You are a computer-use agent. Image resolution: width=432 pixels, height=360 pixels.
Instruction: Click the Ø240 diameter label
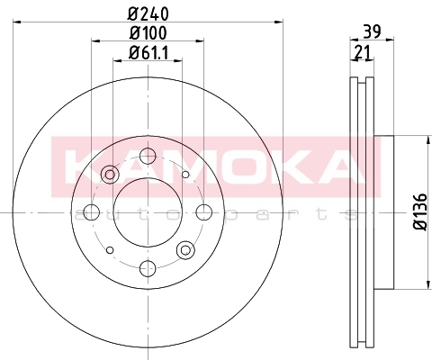point(148,13)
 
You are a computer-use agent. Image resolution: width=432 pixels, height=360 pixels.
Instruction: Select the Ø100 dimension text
point(148,33)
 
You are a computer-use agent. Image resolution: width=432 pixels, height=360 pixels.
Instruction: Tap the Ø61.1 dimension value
point(148,53)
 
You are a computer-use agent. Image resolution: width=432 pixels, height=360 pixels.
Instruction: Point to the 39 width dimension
point(372,31)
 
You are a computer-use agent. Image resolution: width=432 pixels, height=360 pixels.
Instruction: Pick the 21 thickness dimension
point(363,52)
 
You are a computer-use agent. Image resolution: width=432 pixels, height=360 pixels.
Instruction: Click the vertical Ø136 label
point(420,211)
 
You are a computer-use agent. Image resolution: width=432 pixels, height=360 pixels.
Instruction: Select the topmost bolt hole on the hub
point(148,156)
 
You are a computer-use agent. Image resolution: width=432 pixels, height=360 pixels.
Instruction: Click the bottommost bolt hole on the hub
point(148,268)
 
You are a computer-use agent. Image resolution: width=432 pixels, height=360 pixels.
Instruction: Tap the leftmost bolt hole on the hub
point(92,212)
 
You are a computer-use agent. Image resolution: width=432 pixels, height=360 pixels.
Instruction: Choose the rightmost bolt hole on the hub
point(204,212)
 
